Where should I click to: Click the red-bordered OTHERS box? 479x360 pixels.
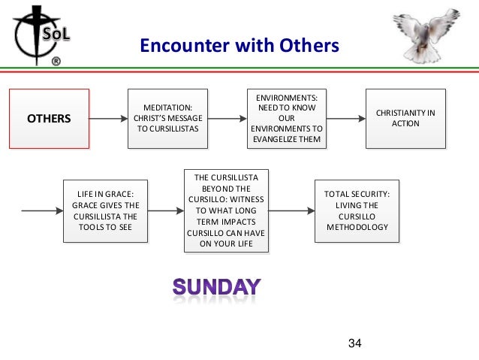(49, 119)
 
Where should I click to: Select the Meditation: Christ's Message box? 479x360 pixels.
(167, 119)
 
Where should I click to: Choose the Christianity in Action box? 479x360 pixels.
(405, 119)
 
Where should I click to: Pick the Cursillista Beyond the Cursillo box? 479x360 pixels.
(227, 210)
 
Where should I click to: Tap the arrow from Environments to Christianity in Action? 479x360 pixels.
(346, 119)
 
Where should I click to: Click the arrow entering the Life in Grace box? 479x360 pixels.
(42, 210)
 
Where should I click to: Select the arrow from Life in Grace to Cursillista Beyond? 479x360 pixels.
(166, 210)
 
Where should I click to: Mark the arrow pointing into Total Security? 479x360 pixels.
(291, 210)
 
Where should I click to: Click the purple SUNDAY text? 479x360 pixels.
(217, 286)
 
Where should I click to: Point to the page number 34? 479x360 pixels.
(355, 343)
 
